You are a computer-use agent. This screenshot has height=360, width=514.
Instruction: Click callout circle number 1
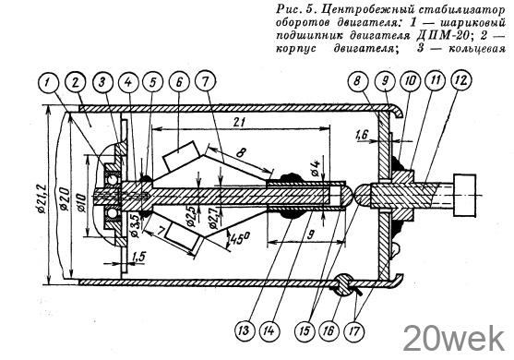click(50, 82)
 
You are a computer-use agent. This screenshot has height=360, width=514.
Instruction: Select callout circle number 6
click(179, 82)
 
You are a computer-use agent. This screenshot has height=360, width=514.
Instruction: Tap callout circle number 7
click(206, 82)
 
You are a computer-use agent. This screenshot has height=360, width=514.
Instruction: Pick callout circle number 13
click(244, 330)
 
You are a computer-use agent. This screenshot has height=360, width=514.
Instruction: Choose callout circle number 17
click(354, 330)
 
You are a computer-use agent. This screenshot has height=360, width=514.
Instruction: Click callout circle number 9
click(385, 80)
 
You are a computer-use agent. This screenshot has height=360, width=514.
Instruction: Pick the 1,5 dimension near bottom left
click(138, 258)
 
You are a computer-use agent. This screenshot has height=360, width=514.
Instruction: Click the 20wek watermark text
click(454, 338)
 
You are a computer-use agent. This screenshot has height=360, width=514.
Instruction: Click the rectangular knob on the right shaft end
click(464, 196)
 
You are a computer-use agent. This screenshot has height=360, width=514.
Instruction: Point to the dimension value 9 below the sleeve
click(311, 234)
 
